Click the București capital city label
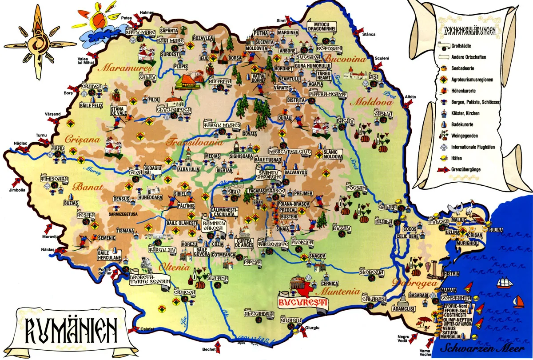(x=302, y=303)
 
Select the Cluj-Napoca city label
(x=174, y=109)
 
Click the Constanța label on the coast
(x=456, y=298)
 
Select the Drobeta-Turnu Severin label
(x=150, y=279)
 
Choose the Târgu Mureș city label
(x=222, y=125)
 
